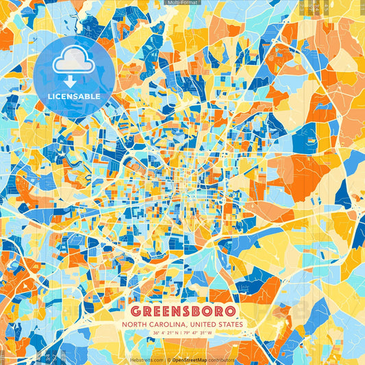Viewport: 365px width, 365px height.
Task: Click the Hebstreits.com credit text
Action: [147, 359]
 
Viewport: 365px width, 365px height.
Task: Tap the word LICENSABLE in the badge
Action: [75, 97]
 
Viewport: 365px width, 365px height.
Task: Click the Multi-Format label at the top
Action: [182, 3]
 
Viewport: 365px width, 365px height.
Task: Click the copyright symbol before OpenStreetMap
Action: [169, 359]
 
